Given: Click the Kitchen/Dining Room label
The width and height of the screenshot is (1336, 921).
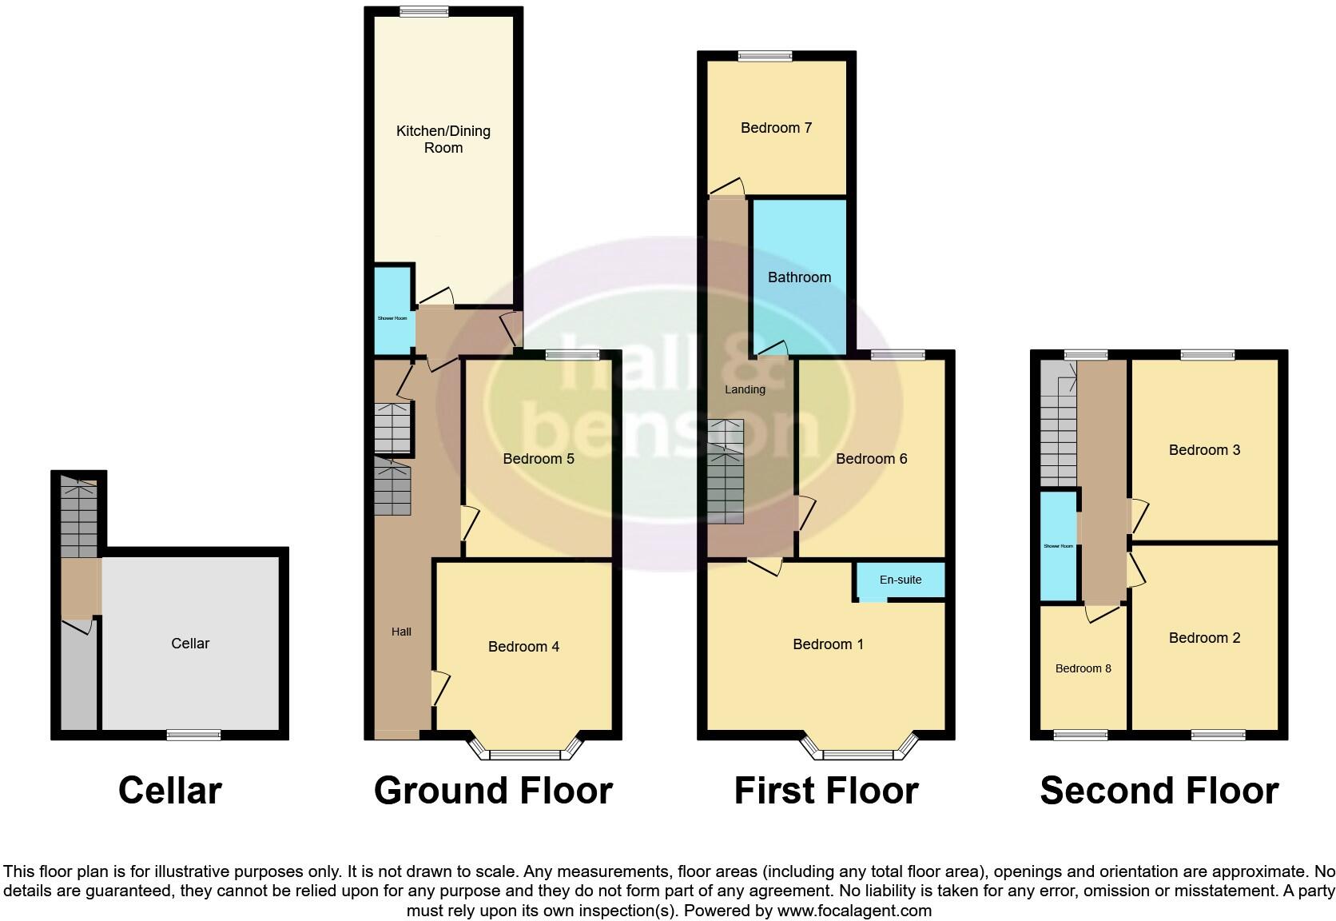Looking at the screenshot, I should (x=443, y=139).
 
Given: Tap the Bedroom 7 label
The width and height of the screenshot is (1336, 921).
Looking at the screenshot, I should (x=776, y=128).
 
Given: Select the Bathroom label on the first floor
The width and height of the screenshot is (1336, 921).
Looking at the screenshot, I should (x=799, y=277).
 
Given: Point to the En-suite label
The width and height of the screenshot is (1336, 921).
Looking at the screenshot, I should (x=901, y=580).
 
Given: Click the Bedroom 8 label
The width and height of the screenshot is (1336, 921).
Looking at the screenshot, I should (x=1083, y=668).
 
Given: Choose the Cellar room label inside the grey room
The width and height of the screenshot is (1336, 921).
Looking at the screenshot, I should (x=190, y=644).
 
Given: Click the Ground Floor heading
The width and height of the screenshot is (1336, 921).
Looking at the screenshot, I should (x=493, y=791).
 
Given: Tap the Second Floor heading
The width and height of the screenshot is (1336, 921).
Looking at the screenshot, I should (x=1159, y=791).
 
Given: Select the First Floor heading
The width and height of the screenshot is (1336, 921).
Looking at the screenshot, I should (x=826, y=791).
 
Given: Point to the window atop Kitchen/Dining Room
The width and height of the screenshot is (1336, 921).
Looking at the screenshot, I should (x=424, y=12).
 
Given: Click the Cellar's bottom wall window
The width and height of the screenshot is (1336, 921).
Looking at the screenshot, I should (x=193, y=735).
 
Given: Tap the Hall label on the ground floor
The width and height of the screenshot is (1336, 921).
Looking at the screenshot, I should (x=401, y=632).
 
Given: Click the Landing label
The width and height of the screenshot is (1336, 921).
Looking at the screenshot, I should (x=745, y=389).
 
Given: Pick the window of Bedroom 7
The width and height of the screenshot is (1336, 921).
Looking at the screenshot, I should (x=765, y=56).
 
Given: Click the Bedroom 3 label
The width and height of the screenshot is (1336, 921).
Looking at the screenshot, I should (x=1204, y=450).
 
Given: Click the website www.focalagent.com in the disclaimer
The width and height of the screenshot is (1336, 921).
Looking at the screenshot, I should (x=854, y=911).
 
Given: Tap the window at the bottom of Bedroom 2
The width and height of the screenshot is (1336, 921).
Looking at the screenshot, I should (x=1218, y=735).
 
